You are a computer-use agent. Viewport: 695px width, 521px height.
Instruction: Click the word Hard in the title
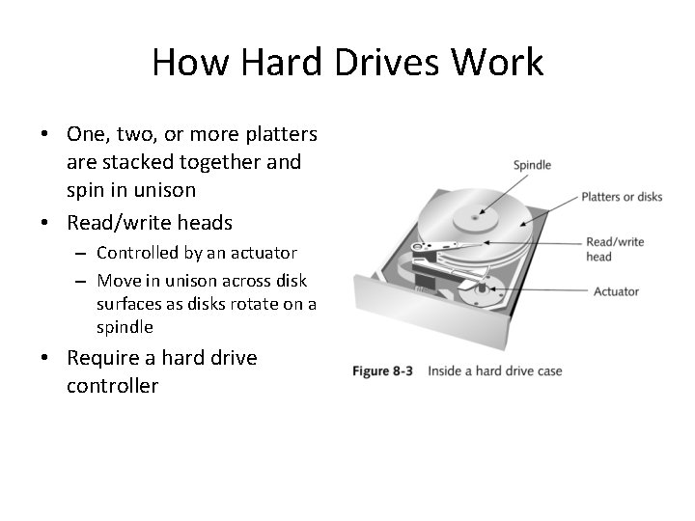point(273,63)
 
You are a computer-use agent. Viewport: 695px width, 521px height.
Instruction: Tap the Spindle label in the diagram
point(532,165)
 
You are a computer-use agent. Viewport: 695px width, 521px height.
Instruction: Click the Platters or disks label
point(622,197)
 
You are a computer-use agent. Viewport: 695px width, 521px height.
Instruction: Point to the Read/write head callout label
point(614,249)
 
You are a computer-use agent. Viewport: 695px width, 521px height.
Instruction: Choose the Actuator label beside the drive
point(616,291)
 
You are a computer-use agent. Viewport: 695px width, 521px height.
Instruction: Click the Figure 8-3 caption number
point(383,370)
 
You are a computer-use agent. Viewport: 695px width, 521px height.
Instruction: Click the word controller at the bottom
point(112,387)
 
